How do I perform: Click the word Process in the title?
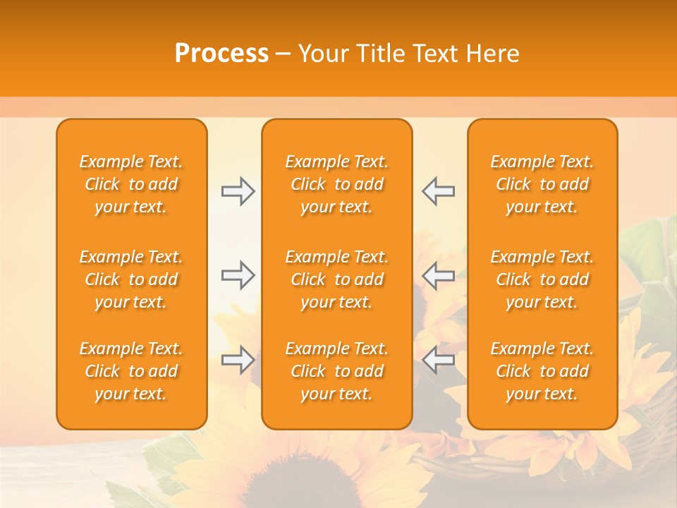click(x=221, y=54)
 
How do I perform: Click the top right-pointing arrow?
click(x=238, y=191)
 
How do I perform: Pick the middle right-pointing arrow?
click(x=238, y=275)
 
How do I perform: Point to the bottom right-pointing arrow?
click(x=238, y=360)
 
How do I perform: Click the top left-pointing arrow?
click(x=438, y=191)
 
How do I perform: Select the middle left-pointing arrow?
click(x=438, y=275)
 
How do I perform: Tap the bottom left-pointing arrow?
click(x=438, y=360)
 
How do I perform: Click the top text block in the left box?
click(x=131, y=184)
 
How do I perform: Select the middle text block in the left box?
click(x=131, y=279)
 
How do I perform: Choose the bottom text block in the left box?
click(x=131, y=371)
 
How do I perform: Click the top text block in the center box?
click(x=336, y=184)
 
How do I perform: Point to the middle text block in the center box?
click(x=336, y=279)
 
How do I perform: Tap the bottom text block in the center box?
click(x=336, y=371)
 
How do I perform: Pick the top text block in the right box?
click(x=542, y=184)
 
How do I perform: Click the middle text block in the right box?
click(x=542, y=279)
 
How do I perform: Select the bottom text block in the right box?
click(x=542, y=371)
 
